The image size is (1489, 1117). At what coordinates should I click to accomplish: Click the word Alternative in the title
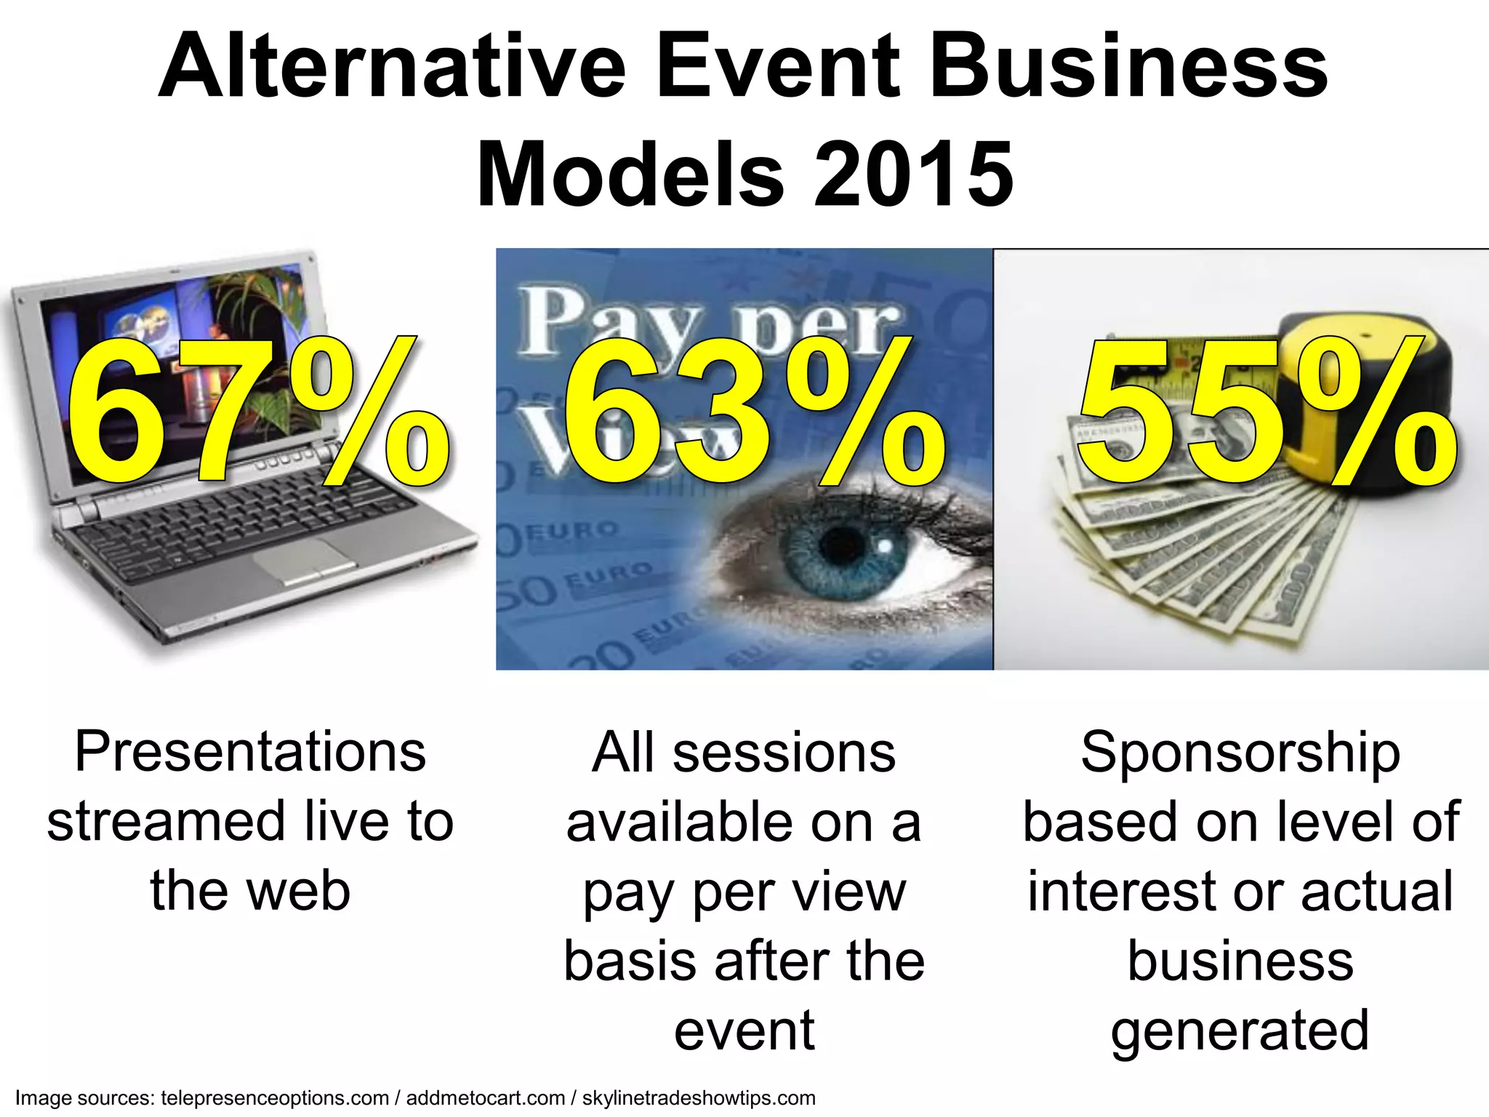pyautogui.click(x=391, y=67)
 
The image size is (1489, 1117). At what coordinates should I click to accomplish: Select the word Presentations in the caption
pyautogui.click(x=250, y=752)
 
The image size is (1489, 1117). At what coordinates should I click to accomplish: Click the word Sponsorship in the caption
pyautogui.click(x=1240, y=752)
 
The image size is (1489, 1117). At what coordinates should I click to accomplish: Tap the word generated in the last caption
pyautogui.click(x=1240, y=1031)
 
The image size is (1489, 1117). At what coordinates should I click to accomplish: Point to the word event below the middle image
pyautogui.click(x=744, y=1031)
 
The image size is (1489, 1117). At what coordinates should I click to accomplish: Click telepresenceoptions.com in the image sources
pyautogui.click(x=275, y=1098)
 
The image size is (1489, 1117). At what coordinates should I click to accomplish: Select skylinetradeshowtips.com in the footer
pyautogui.click(x=699, y=1098)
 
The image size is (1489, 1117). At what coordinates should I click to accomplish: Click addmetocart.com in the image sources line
pyautogui.click(x=486, y=1098)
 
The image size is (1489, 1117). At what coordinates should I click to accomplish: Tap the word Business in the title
pyautogui.click(x=1128, y=67)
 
